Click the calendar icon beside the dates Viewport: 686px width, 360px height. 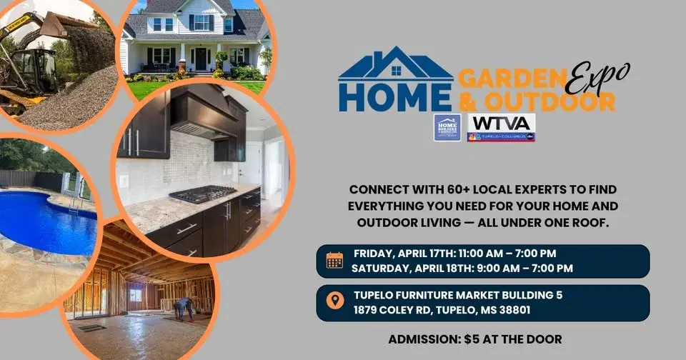[334, 260]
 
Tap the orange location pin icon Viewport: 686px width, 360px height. [334, 301]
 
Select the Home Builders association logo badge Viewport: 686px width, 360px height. [447, 127]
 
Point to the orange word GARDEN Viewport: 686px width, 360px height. [508, 77]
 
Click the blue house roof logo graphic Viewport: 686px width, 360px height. [396, 64]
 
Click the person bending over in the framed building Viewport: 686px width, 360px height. [183, 307]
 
